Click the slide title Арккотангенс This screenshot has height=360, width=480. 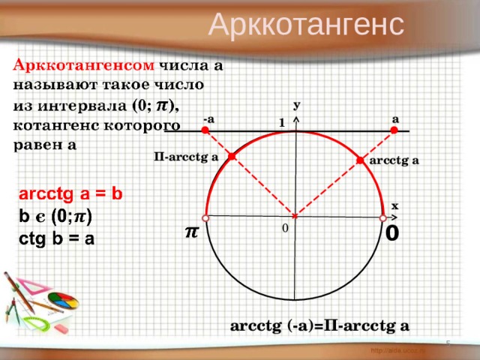click(306, 24)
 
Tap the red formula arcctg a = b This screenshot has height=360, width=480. click(70, 193)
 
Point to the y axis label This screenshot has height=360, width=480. click(297, 107)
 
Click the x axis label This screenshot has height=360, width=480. click(394, 204)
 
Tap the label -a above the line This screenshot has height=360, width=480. click(208, 118)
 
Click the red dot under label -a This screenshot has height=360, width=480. click(205, 130)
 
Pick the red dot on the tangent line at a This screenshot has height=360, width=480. click(393, 130)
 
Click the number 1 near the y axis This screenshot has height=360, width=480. click(280, 121)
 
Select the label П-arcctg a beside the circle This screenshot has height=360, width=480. click(184, 157)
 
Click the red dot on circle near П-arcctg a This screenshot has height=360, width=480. click(232, 156)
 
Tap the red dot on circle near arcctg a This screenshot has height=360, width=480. click(361, 160)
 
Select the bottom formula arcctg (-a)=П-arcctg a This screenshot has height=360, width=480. click(320, 325)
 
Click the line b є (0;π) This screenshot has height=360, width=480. click(55, 216)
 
